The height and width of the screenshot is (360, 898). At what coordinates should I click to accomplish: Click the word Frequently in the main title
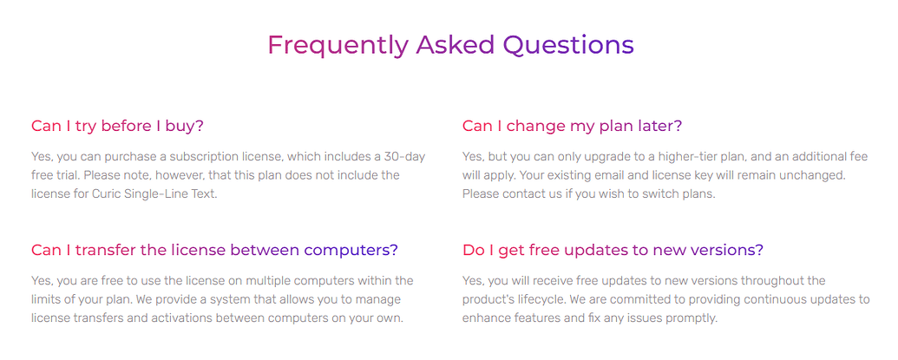(338, 45)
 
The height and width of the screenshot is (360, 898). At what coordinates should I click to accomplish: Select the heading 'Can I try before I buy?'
(117, 126)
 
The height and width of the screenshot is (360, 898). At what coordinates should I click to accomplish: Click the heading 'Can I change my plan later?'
(572, 126)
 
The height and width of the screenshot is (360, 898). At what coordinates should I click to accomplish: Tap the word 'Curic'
(105, 193)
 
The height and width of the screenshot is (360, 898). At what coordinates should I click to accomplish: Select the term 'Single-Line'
(151, 194)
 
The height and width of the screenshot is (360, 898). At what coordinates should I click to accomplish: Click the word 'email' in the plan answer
(601, 175)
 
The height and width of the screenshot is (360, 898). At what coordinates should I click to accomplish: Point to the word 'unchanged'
(809, 175)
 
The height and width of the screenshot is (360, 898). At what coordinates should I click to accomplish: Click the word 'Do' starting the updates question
(470, 250)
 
